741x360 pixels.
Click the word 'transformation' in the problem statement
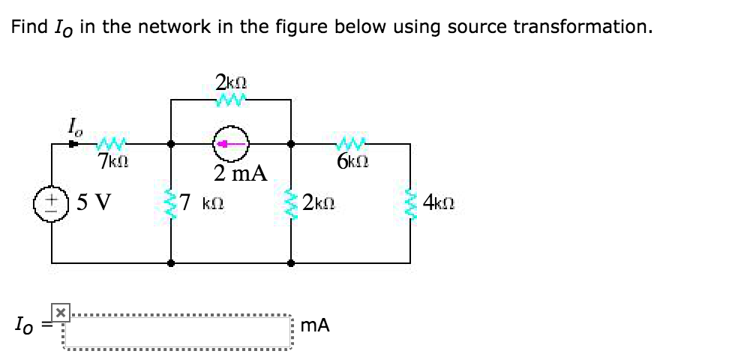(582, 28)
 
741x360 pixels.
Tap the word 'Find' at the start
(28, 28)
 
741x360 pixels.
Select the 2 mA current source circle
(231, 144)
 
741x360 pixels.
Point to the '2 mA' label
(239, 173)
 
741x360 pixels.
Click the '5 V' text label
(93, 202)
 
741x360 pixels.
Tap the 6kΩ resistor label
(351, 160)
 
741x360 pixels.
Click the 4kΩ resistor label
(439, 202)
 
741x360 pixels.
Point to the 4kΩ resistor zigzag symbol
(410, 203)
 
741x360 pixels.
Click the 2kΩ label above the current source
(231, 81)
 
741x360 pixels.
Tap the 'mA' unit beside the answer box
(314, 325)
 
